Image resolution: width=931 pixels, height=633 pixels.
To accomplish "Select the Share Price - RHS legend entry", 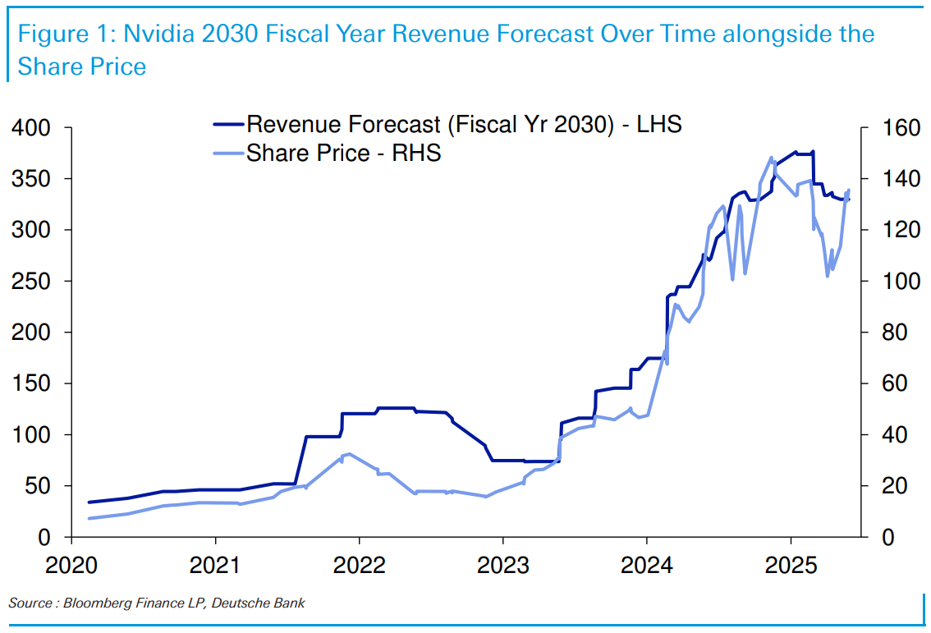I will pyautogui.click(x=343, y=153).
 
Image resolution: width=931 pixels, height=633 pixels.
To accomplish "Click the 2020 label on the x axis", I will pyautogui.click(x=71, y=566).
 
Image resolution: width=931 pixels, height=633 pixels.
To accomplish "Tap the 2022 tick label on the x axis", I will pyautogui.click(x=360, y=566).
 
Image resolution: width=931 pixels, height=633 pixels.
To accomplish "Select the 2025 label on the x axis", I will pyautogui.click(x=791, y=566).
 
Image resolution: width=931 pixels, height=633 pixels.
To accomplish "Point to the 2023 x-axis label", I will pyautogui.click(x=503, y=566).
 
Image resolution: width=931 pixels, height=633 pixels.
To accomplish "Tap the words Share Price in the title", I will pyautogui.click(x=81, y=67).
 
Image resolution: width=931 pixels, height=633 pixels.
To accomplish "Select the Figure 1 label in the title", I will pyautogui.click(x=66, y=34).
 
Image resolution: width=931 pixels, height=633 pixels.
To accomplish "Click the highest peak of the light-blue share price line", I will pyautogui.click(x=771, y=158).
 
